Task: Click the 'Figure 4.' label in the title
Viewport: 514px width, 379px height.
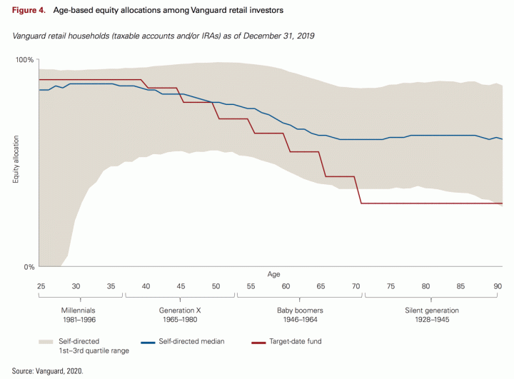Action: click(x=29, y=10)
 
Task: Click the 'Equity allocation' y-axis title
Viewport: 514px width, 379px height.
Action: click(x=16, y=163)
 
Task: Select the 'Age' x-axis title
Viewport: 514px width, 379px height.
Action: click(x=274, y=274)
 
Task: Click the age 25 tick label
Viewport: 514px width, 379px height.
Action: click(x=41, y=286)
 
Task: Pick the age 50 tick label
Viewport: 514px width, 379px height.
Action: click(x=216, y=286)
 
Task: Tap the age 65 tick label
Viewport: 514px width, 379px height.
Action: click(x=321, y=286)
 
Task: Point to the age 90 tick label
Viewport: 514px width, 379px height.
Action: click(x=496, y=286)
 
